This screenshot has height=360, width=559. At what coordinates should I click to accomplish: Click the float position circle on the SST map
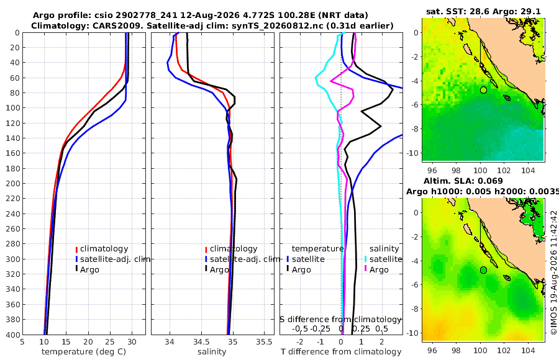pos(483,90)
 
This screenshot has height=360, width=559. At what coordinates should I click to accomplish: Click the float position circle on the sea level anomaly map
pos(483,270)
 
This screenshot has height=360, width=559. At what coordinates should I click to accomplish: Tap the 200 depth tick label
pos(13,183)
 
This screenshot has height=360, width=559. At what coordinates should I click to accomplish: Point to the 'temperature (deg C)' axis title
pos(84,352)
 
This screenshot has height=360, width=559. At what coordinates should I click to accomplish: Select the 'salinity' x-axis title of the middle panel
pos(212,352)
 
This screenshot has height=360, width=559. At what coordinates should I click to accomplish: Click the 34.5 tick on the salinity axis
pos(201,342)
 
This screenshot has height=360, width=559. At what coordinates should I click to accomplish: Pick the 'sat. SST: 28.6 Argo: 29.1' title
pos(483,11)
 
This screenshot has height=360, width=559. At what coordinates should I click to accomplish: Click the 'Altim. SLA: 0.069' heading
pos(463,181)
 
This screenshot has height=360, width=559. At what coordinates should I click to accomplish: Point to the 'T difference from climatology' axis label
pos(341,352)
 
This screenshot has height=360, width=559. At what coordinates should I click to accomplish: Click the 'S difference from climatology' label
pos(340,320)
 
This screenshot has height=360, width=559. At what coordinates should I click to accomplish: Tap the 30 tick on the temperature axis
pos(132,342)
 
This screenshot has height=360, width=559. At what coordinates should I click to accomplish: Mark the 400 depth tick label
pos(13,335)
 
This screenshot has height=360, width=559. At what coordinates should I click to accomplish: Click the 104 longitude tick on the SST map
pos(528,170)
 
